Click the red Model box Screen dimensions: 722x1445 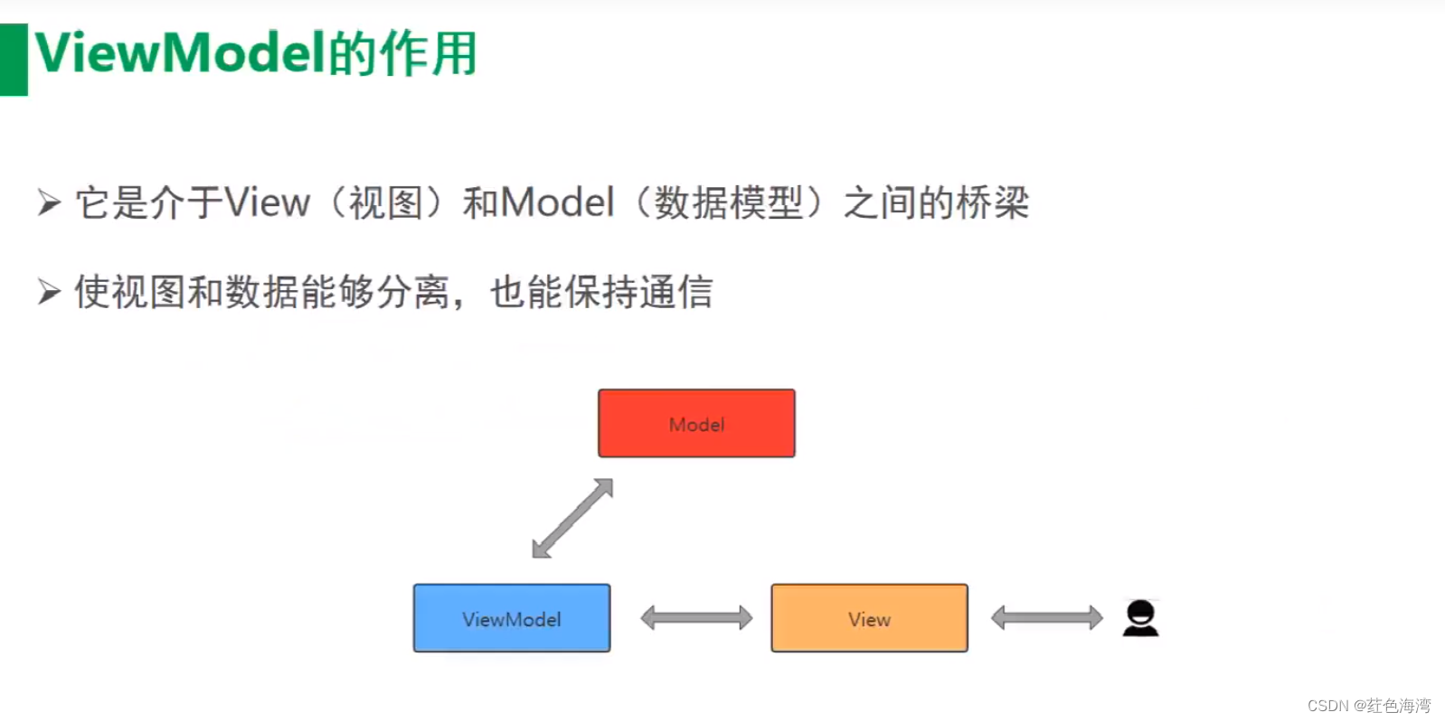click(x=696, y=423)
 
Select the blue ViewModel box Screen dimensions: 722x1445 click(x=512, y=618)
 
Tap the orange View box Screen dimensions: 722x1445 click(x=869, y=618)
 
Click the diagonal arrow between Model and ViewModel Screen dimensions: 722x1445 click(x=572, y=518)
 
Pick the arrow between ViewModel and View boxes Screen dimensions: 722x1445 click(x=696, y=618)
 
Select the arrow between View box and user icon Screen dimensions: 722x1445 click(x=1046, y=618)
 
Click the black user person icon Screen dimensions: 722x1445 click(x=1140, y=618)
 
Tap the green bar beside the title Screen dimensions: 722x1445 click(x=14, y=60)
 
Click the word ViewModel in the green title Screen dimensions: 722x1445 click(x=179, y=52)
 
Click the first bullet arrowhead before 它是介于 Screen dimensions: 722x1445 click(x=49, y=202)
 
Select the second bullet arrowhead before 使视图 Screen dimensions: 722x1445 click(x=49, y=292)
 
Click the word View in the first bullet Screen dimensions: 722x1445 click(x=267, y=202)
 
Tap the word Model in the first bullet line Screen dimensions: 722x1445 click(x=557, y=202)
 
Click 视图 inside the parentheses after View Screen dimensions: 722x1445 click(x=386, y=202)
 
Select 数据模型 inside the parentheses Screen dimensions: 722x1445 click(x=729, y=202)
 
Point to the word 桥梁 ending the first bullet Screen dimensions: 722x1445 click(x=992, y=202)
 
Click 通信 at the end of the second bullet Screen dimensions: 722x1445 click(x=676, y=292)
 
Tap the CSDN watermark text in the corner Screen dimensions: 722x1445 click(x=1368, y=706)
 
